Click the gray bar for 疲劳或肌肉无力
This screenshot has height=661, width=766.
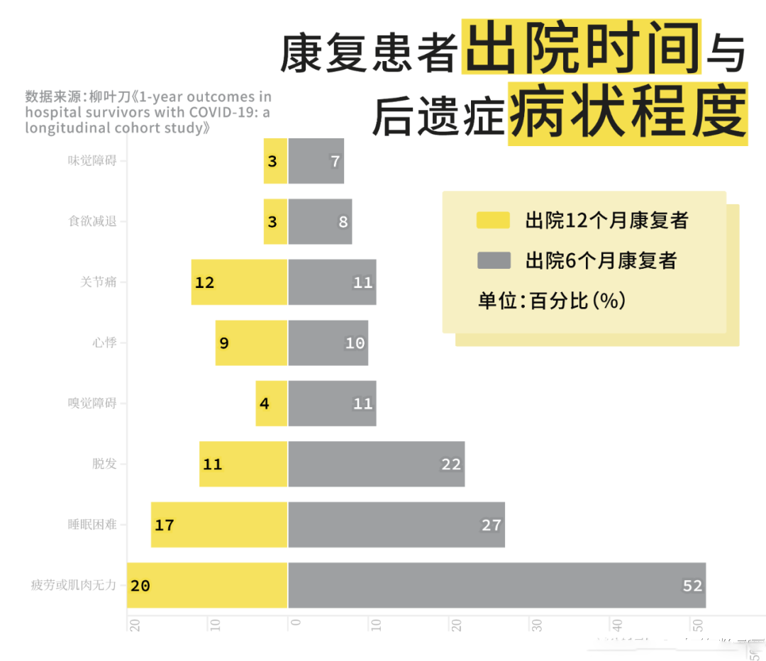click(496, 585)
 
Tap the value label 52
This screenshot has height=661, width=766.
click(692, 585)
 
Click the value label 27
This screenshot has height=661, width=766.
click(492, 525)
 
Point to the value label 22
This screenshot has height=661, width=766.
click(451, 464)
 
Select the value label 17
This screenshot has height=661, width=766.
click(165, 525)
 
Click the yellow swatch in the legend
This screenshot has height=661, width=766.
click(494, 221)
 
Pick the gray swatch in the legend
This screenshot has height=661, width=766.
click(494, 260)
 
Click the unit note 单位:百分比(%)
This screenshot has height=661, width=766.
click(552, 301)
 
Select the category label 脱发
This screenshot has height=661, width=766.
click(104, 464)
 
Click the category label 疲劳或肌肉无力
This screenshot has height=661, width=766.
click(74, 585)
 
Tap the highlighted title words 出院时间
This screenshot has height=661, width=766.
click(582, 48)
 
